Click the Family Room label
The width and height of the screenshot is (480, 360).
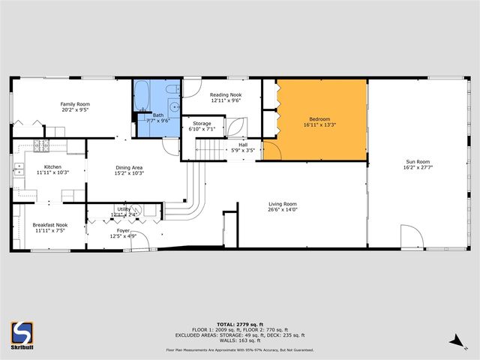[75, 104]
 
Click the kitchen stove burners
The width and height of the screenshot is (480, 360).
[42, 144]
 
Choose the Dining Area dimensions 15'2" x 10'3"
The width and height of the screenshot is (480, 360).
[129, 173]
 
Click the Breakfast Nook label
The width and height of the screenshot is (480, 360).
[50, 225]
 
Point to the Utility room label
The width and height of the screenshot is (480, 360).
[124, 209]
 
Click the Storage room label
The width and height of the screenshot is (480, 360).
[202, 123]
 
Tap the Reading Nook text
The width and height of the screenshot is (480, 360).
[225, 94]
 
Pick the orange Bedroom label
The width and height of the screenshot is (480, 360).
[321, 118]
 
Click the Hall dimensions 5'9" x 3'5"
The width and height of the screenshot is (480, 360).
[243, 150]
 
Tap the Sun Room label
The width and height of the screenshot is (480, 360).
[418, 162]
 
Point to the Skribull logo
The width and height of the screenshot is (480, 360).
[22, 335]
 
